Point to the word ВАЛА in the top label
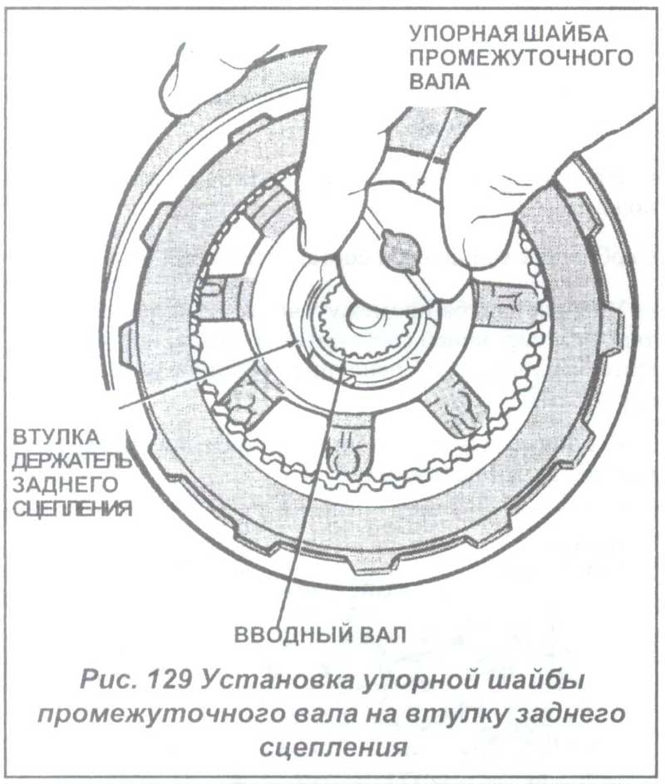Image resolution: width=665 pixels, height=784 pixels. pos(440,81)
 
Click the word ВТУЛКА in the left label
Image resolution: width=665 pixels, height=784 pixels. pos(56,437)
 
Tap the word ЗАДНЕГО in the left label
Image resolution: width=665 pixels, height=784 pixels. pos(65,484)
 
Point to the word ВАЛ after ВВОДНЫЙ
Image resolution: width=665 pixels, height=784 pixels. pos(383,635)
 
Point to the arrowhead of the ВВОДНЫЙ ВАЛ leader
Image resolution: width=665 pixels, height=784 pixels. pos(344,361)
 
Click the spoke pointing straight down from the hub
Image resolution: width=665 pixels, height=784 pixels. pos(348,440)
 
